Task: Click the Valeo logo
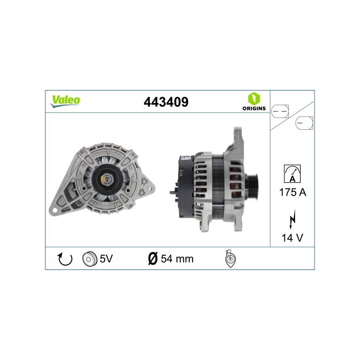(x=65, y=101)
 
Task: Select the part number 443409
(x=166, y=102)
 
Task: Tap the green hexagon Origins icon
(x=254, y=99)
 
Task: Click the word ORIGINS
(x=254, y=108)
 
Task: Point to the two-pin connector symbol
(x=280, y=111)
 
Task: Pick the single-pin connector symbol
(x=304, y=123)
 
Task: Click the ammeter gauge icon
(x=292, y=174)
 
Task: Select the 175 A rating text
(x=293, y=192)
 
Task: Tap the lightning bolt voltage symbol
(x=292, y=219)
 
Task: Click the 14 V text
(x=292, y=238)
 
